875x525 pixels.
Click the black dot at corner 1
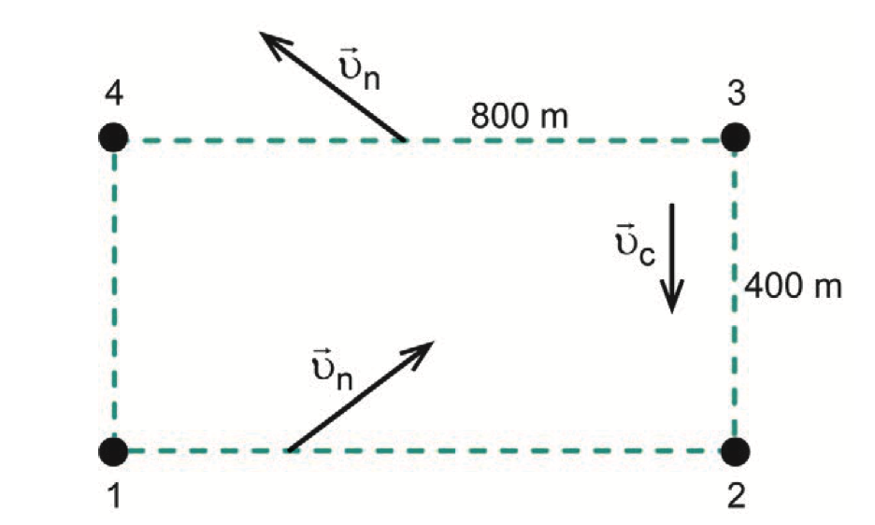(x=114, y=450)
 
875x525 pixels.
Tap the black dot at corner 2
(x=736, y=450)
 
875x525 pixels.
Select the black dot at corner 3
(x=736, y=137)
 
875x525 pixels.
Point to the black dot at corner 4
(x=114, y=137)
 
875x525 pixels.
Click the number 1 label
(x=114, y=497)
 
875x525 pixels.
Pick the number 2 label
(x=736, y=497)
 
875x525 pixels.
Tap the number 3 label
(x=736, y=93)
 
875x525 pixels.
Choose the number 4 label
(x=114, y=93)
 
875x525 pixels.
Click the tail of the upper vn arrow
(x=404, y=140)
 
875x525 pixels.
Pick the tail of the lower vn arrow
(x=287, y=449)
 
